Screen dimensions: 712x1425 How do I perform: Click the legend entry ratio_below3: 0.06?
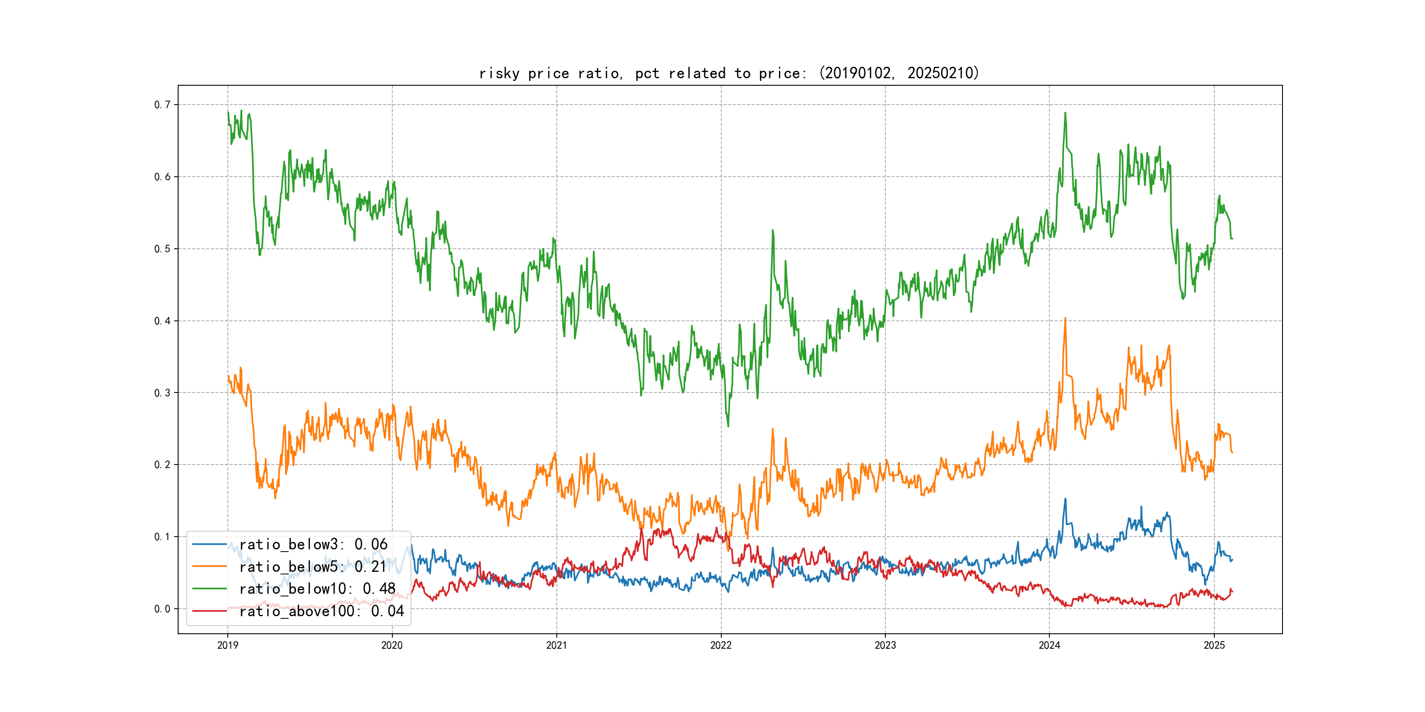(313, 545)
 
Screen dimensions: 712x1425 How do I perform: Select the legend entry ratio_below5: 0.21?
(312, 567)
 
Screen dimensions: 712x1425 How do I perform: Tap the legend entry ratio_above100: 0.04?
(321, 611)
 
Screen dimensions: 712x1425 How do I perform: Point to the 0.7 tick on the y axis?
(162, 105)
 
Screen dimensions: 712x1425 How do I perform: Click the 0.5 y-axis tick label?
(162, 249)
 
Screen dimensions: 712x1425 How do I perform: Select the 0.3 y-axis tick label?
(162, 392)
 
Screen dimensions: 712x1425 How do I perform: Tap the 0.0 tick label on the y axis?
(162, 609)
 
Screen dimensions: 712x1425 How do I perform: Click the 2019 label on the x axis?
(227, 645)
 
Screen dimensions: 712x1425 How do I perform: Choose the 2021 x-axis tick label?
(556, 645)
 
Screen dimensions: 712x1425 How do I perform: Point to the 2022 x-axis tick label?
(721, 645)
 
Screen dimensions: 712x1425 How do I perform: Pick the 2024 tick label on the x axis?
(1049, 645)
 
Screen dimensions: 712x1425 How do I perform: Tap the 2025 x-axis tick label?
(1214, 645)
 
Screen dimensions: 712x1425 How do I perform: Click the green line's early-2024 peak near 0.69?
(1065, 113)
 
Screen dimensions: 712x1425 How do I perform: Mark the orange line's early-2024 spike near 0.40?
(1065, 318)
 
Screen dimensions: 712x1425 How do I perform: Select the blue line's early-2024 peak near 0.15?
(1065, 499)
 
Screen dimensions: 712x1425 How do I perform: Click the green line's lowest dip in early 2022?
(727, 425)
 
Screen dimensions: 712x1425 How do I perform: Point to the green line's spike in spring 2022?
(772, 230)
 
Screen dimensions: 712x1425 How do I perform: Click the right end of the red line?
(1232, 592)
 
